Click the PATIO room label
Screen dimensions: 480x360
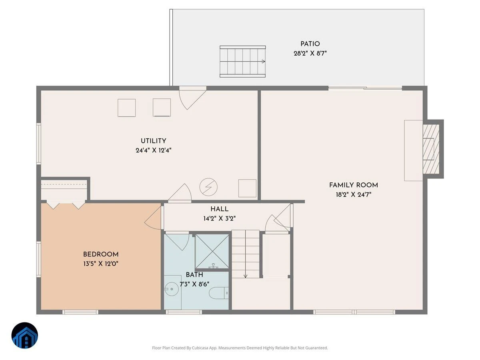coord(310,44)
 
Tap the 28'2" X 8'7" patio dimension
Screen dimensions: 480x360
coord(310,53)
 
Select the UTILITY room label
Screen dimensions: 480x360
coord(153,141)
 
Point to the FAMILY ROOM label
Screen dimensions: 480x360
coord(353,185)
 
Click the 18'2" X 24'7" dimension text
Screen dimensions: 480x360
coord(353,194)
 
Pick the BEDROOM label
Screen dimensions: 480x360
coord(101,254)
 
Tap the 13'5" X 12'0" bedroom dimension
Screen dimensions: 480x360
coord(101,264)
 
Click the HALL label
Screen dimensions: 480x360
coord(220,209)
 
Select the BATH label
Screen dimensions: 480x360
coord(194,275)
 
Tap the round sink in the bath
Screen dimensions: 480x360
coord(172,289)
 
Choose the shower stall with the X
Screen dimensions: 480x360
coord(212,251)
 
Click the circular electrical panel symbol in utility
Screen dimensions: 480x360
coord(208,187)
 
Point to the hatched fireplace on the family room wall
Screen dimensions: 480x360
coord(431,149)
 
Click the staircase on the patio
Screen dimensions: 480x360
coord(243,62)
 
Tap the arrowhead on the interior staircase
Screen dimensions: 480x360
coord(245,276)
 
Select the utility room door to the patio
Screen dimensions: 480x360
coord(192,98)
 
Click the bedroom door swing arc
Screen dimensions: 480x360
coord(153,218)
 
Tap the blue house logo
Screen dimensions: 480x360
coord(25,336)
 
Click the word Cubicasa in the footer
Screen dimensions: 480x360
coord(200,348)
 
